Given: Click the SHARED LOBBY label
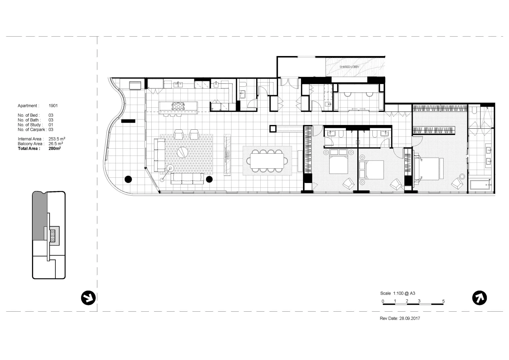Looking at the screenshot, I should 349,67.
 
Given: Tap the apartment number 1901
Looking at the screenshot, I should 53,106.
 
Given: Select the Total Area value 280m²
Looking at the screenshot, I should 55,149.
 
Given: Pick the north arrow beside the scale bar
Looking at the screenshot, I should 479,298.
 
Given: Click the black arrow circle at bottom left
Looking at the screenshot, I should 88,298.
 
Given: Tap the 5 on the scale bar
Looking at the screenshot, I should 443,301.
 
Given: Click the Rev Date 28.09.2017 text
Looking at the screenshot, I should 400,318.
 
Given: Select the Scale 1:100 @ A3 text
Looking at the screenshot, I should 397,293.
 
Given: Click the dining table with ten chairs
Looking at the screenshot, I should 267,161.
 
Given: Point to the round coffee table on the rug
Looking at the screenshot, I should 182,152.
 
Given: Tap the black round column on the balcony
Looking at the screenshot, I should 128,179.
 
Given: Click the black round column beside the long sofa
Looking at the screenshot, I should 209,179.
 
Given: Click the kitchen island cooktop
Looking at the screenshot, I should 178,106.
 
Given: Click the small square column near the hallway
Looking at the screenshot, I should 273,129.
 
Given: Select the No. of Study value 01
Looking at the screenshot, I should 51,125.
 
